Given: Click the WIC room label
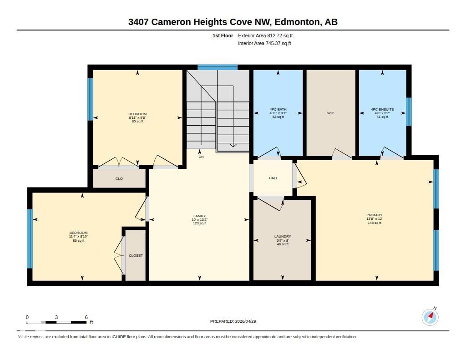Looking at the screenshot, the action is coord(330,113).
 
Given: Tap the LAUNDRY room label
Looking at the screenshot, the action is coord(283,236).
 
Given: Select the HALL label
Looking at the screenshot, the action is coord(274,178).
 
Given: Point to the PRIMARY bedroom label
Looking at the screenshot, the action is coord(375,215).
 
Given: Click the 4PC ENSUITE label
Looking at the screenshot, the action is coord(382,109).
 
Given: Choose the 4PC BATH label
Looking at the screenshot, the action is coord(278,109).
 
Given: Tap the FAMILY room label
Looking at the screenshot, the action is coord(200,216).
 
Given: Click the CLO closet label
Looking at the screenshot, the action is coord(119,179).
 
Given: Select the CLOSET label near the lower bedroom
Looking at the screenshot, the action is coord(136,255).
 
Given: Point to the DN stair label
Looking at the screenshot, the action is coord(201,157).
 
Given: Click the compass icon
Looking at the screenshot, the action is coord(430,317).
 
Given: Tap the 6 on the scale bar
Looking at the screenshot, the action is coord(86,317).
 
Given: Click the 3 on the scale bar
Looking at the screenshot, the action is coord(56,317).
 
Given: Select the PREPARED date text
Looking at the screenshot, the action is coord(233,321).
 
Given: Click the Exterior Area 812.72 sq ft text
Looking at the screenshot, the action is coord(265,35).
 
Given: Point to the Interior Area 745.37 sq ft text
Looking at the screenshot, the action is coord(264,43).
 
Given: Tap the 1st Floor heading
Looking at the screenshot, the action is coord(223,35).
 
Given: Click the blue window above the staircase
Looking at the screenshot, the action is coord(218,67).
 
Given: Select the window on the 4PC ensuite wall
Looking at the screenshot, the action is coord(409,112).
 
